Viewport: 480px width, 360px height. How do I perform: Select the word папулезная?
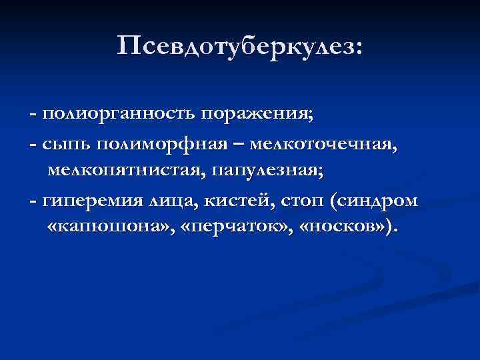267,171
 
